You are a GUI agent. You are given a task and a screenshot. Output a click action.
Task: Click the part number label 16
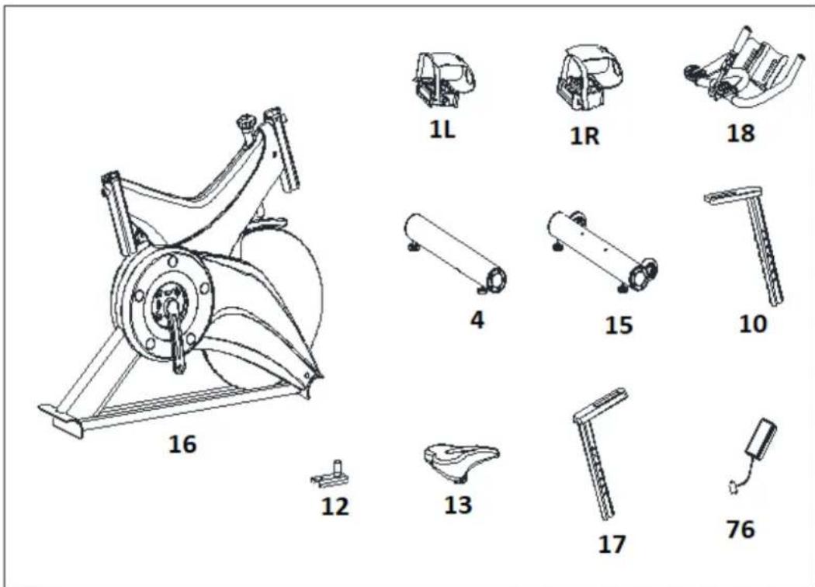click(182, 445)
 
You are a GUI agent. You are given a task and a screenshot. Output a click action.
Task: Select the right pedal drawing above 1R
click(589, 78)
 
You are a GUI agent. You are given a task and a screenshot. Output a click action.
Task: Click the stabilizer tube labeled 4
click(456, 254)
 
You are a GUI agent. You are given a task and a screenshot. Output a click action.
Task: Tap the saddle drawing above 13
click(460, 461)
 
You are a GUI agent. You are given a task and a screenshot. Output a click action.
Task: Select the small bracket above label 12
click(331, 474)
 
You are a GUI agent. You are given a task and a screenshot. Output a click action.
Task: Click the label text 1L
click(442, 130)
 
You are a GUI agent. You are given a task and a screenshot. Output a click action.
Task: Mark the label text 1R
click(584, 136)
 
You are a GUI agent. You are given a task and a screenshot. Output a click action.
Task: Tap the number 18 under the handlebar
click(740, 133)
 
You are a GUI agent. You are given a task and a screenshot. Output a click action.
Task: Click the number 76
click(740, 530)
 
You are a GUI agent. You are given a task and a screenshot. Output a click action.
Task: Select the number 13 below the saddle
click(458, 505)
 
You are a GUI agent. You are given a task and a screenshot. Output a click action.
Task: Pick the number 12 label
click(335, 506)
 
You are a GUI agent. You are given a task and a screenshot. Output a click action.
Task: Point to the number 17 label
click(612, 544)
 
